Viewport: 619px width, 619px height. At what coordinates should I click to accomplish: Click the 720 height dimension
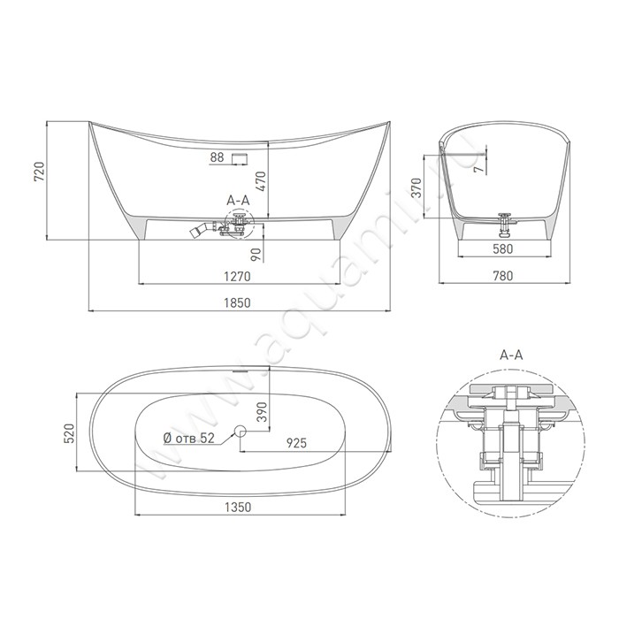coord(39,172)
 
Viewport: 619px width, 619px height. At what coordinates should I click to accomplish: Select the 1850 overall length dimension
coord(237,302)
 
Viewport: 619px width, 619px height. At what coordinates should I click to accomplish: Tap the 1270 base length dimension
coord(237,276)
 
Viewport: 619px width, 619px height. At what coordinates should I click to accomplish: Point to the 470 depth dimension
coord(261,181)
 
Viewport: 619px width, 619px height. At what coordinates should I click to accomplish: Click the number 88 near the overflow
coord(218,157)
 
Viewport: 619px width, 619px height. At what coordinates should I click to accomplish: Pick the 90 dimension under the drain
coord(256,255)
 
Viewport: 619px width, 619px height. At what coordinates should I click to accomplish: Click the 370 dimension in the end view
coord(416,187)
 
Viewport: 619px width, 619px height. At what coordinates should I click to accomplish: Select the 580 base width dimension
coord(503,249)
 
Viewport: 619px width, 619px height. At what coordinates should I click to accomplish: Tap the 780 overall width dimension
coord(503,276)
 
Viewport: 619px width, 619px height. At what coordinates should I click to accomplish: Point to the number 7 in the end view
coord(479,169)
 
